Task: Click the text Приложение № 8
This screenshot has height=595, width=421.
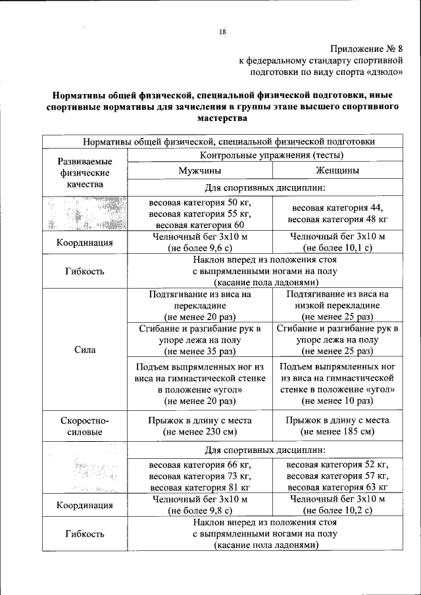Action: pyautogui.click(x=372, y=48)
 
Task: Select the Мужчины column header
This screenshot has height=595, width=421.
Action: pyautogui.click(x=199, y=170)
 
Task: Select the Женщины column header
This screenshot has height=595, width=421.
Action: pyautogui.click(x=337, y=170)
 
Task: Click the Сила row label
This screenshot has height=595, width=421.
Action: pyautogui.click(x=85, y=350)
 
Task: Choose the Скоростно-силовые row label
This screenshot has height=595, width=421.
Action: pyautogui.click(x=85, y=426)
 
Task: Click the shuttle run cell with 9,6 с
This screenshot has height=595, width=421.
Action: pyautogui.click(x=199, y=242)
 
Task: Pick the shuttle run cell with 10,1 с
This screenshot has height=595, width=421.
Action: pyautogui.click(x=337, y=242)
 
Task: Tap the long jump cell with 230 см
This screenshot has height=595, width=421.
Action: pyautogui.click(x=199, y=426)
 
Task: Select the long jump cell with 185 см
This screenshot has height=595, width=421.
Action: pyautogui.click(x=337, y=426)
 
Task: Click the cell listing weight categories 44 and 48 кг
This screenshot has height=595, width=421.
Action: pyautogui.click(x=337, y=213)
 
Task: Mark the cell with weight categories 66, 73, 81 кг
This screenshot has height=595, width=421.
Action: pyautogui.click(x=199, y=476)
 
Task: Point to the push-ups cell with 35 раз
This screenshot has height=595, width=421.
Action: pyautogui.click(x=199, y=339)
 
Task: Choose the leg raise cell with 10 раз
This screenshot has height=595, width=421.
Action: pyautogui.click(x=337, y=383)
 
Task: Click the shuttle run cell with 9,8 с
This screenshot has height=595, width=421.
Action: pyautogui.click(x=199, y=504)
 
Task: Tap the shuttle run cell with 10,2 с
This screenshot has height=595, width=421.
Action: pyautogui.click(x=337, y=504)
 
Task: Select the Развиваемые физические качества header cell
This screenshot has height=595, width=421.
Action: pyautogui.click(x=85, y=173)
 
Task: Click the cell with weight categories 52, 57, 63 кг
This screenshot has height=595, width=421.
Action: pyautogui.click(x=337, y=476)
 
